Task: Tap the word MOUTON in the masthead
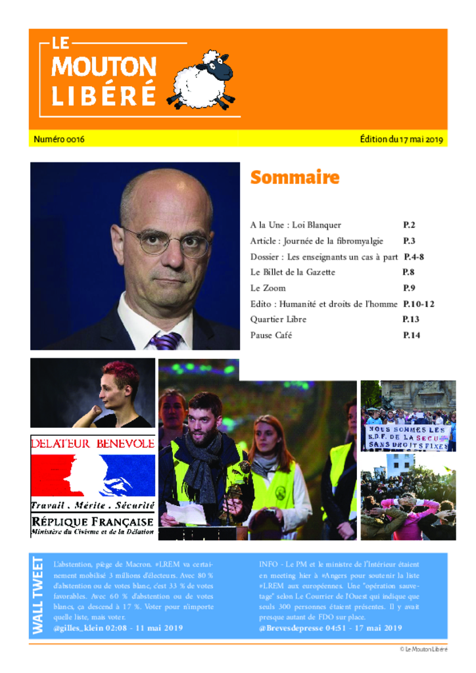click(x=104, y=66)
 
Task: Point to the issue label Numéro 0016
click(x=59, y=139)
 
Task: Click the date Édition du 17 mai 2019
click(x=402, y=139)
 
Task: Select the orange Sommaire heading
click(x=295, y=178)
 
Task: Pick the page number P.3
click(x=409, y=241)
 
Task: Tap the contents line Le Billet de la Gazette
click(x=293, y=272)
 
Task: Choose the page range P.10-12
click(x=418, y=304)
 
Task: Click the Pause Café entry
click(x=271, y=335)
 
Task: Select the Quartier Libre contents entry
click(x=278, y=319)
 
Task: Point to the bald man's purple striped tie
click(x=166, y=340)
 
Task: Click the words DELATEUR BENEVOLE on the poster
click(x=93, y=444)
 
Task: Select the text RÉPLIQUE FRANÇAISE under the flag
click(x=93, y=521)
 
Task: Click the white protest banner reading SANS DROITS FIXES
click(x=408, y=437)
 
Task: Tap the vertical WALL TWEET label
click(x=38, y=595)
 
